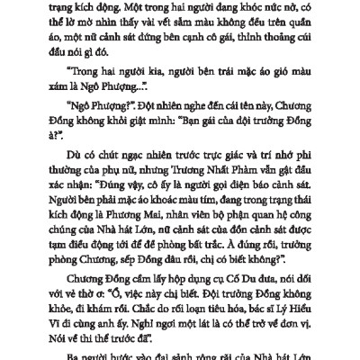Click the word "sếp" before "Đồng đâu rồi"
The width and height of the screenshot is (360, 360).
(127, 291)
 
